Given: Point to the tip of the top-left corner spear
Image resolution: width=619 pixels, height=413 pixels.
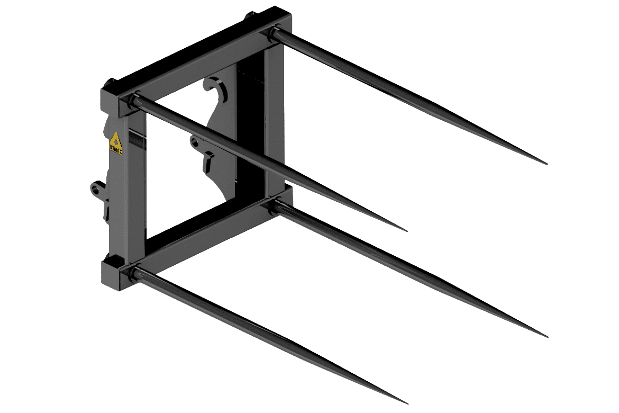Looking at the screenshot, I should coord(406,231).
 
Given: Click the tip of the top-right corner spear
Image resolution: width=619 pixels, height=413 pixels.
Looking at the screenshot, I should coord(547,165).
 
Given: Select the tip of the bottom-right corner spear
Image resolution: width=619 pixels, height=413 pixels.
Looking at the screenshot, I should coord(548,336).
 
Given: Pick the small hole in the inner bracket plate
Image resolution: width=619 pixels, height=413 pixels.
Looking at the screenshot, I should coord(195,141).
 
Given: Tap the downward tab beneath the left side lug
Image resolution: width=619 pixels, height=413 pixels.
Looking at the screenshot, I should coord(106,212).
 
